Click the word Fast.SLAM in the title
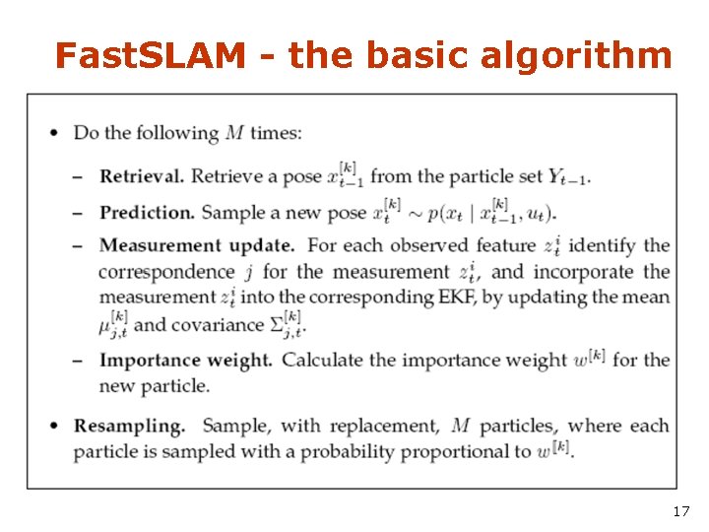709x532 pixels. click(x=150, y=56)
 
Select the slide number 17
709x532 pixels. click(x=680, y=510)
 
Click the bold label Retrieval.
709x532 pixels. click(x=142, y=176)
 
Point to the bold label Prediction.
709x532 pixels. click(x=147, y=212)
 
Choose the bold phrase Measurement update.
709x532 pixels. click(x=197, y=244)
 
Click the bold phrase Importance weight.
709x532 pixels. click(x=185, y=360)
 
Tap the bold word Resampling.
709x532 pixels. click(x=142, y=426)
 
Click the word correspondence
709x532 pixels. click(x=166, y=271)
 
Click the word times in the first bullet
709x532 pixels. click(x=277, y=133)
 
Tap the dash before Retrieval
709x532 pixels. click(x=78, y=177)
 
